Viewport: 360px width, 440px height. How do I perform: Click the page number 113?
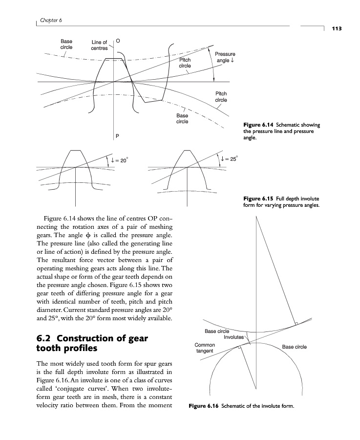tap(336, 29)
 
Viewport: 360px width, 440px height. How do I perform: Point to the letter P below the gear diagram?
tap(117, 135)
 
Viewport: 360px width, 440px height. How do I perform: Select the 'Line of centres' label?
tap(99, 45)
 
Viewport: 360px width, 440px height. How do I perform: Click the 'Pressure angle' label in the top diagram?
tap(225, 57)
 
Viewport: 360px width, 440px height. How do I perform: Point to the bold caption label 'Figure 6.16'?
tap(203, 406)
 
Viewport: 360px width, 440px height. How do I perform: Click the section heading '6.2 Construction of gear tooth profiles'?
tap(92, 344)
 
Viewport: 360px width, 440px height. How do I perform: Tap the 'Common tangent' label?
tap(205, 348)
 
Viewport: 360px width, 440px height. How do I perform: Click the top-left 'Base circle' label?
tap(66, 44)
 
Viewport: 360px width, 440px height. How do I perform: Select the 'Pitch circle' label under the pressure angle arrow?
tap(221, 96)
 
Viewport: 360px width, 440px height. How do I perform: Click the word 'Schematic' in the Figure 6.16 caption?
tap(237, 406)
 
